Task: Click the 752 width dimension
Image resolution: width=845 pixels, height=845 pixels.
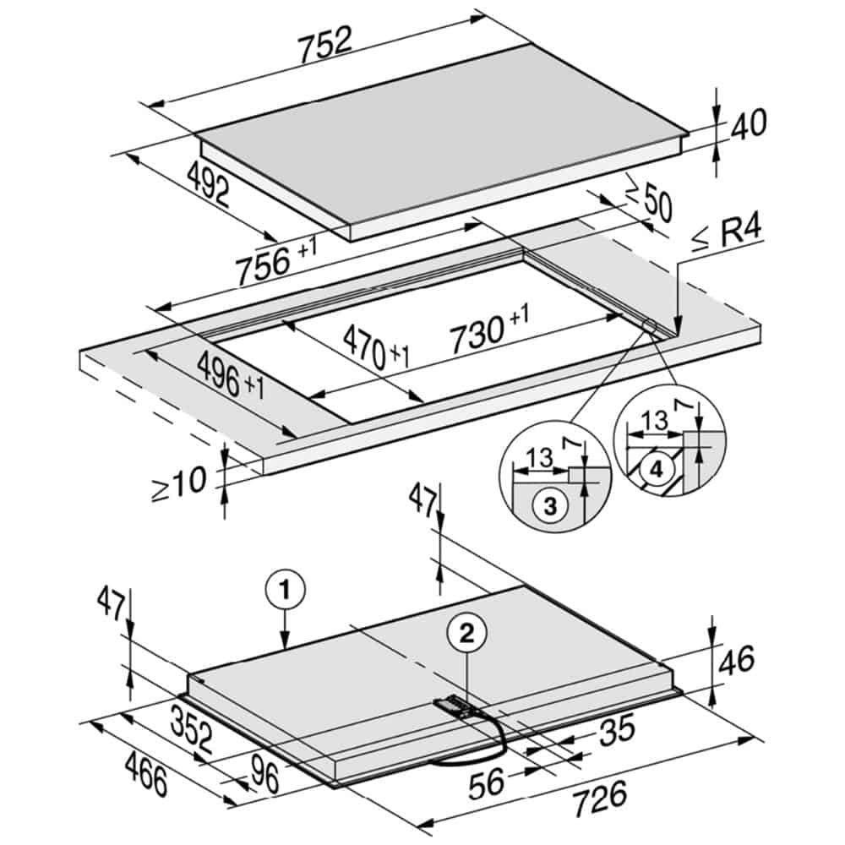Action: [x=325, y=44]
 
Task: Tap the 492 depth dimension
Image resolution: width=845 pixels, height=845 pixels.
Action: [x=208, y=183]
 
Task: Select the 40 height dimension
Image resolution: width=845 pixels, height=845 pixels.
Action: [x=748, y=124]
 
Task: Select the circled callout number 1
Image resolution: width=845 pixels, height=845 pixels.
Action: [x=285, y=590]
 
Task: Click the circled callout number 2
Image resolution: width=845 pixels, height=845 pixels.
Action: [x=466, y=633]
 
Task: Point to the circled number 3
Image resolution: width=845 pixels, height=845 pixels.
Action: [x=550, y=506]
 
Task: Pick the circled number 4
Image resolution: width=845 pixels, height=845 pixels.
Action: [x=656, y=470]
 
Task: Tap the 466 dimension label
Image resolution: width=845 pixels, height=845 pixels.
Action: [x=145, y=774]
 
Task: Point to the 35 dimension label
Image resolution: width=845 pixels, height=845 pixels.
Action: [x=618, y=731]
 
